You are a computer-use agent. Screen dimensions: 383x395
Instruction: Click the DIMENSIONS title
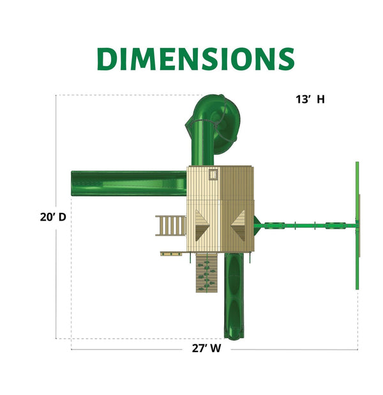(x=196, y=59)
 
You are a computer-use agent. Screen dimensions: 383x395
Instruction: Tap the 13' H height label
(x=310, y=99)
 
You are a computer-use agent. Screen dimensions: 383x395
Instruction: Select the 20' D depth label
(x=53, y=217)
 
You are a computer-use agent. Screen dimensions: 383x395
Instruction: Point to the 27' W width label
(x=206, y=348)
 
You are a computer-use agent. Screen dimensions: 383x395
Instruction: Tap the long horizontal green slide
(x=129, y=183)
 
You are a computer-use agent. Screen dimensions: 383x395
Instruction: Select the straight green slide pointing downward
(x=234, y=297)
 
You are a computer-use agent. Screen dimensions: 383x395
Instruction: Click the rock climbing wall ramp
(x=207, y=273)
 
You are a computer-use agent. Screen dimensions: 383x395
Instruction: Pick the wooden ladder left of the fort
(x=171, y=226)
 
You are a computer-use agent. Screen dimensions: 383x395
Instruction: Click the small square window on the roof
(x=213, y=174)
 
